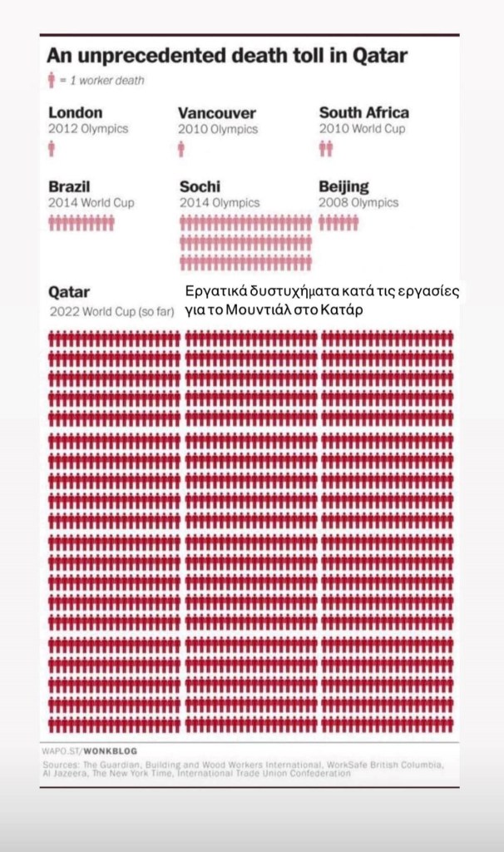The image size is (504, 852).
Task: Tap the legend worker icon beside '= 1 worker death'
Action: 51,80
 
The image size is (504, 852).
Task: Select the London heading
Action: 76,112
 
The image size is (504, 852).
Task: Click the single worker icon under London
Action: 52,149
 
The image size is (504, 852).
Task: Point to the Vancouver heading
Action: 217,113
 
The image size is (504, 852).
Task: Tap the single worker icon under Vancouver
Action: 181,149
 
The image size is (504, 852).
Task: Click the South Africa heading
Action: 364,112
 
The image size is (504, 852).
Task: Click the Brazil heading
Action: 69,186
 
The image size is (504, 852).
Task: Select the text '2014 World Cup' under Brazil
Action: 91,202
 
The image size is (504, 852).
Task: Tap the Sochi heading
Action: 200,186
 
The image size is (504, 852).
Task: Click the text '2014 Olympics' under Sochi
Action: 220,202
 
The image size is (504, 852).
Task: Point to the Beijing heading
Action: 344,186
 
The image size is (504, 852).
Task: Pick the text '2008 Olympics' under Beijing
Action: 358,202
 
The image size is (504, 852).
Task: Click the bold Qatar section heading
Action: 69,293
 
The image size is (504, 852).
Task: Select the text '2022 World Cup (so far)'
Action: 111,312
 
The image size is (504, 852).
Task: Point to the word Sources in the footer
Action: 60,763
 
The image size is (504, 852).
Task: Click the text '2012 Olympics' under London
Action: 88,129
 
